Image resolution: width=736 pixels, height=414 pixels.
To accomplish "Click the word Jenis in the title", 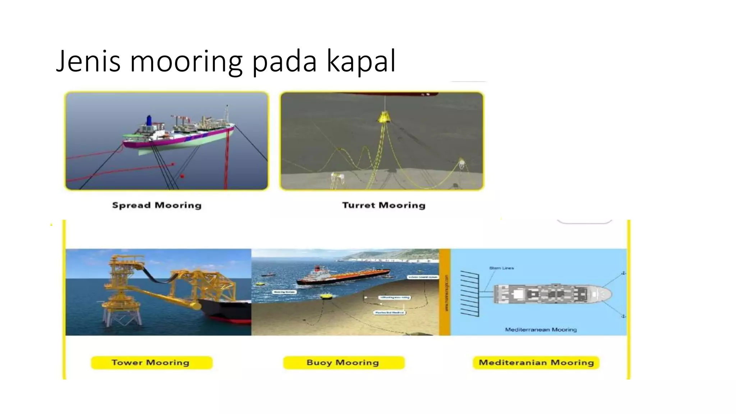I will click(x=88, y=61).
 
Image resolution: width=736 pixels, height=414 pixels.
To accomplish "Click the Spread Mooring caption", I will click(x=157, y=205).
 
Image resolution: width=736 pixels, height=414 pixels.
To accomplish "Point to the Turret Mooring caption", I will click(x=383, y=205).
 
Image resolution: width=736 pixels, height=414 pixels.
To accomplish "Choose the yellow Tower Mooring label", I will click(x=151, y=363).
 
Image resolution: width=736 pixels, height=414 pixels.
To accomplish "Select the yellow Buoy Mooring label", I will click(x=343, y=363).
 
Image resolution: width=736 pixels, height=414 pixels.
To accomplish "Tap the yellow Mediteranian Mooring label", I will click(x=536, y=363).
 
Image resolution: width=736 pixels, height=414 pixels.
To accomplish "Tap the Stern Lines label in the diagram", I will click(x=501, y=268).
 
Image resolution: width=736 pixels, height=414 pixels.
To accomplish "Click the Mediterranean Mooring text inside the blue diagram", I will click(x=540, y=330).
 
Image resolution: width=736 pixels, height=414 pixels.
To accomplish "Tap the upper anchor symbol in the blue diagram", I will click(x=624, y=273).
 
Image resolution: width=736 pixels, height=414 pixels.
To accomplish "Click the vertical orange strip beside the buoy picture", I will click(x=445, y=292).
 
